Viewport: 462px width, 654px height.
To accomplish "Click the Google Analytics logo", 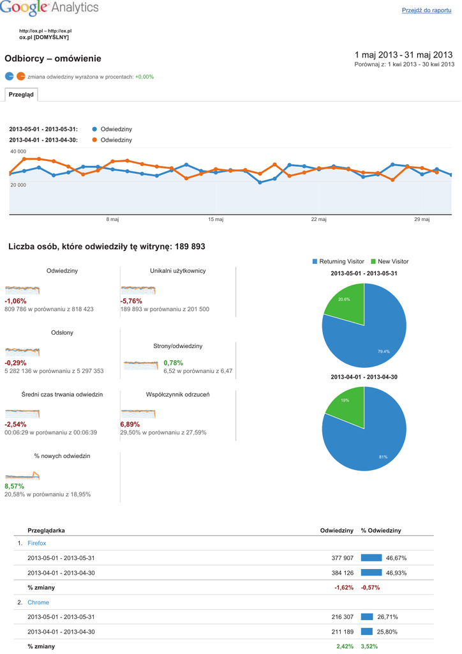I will [x=50, y=8].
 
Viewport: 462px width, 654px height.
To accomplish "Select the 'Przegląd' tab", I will [x=21, y=95].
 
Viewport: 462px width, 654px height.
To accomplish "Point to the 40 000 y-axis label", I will [x=18, y=151].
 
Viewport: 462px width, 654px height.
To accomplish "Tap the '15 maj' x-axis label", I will [x=216, y=220].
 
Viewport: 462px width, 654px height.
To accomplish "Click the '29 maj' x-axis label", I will [x=422, y=220].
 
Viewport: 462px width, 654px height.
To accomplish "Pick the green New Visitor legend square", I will [x=373, y=261].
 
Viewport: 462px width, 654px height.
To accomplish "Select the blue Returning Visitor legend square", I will [x=315, y=261].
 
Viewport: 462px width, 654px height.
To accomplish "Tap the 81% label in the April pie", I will [x=383, y=457].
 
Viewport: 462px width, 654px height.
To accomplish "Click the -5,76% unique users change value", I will [x=131, y=301].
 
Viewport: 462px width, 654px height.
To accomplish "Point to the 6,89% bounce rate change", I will [x=130, y=424].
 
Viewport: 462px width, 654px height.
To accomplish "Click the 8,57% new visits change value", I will [x=14, y=486].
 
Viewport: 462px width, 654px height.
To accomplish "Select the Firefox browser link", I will [x=36, y=543].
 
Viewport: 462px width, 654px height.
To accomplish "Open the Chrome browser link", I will [x=38, y=602].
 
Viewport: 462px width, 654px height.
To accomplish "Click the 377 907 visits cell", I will [x=340, y=558].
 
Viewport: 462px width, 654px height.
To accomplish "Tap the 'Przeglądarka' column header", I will [x=46, y=531].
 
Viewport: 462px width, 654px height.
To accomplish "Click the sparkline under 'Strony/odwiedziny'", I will [x=140, y=366].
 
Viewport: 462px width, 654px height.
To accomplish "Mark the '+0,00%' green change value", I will [x=144, y=77].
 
